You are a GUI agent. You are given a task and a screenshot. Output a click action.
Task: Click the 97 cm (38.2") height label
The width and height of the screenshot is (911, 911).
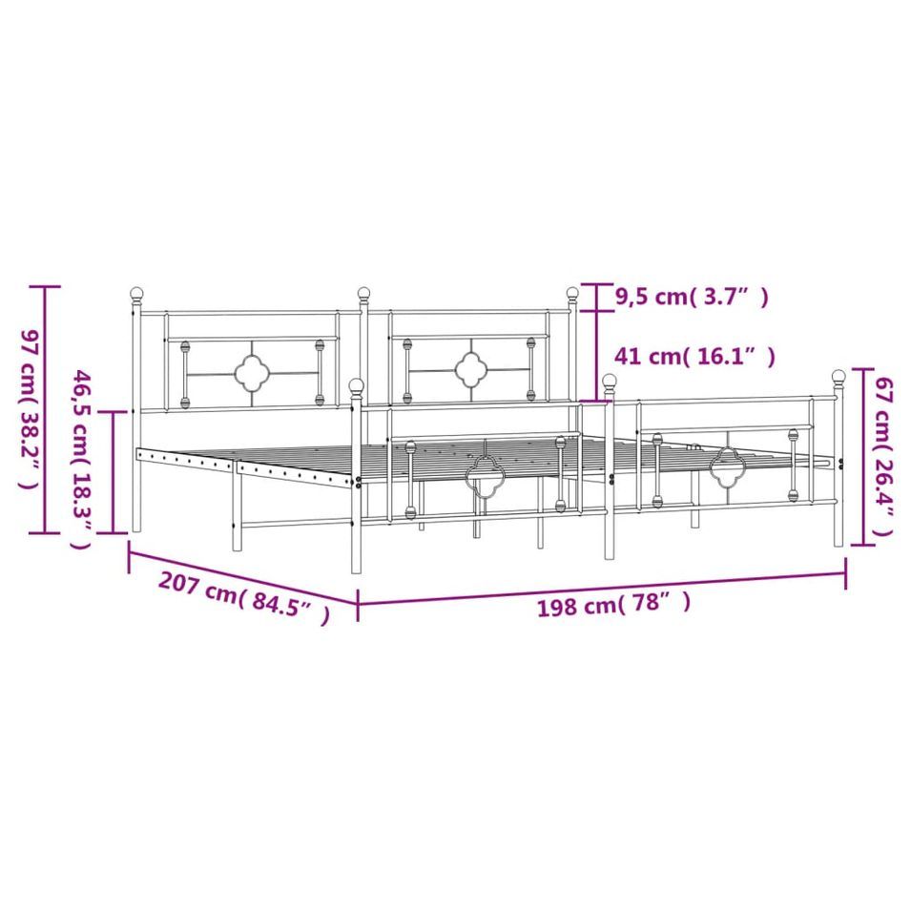[x=31, y=409]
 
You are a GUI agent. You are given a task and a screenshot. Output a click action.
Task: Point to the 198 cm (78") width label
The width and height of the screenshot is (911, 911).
[x=613, y=604]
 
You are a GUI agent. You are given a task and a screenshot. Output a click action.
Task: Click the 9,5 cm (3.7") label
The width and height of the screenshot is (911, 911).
[x=692, y=297]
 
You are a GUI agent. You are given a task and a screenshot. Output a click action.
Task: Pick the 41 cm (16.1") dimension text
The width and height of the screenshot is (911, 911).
[x=694, y=356]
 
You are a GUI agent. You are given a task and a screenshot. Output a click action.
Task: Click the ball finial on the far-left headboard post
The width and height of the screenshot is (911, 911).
[x=136, y=294]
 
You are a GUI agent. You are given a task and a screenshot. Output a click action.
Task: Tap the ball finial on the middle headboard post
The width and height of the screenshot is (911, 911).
[x=363, y=293]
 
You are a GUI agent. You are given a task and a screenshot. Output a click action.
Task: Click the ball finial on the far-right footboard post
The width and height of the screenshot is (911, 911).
[x=839, y=377]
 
